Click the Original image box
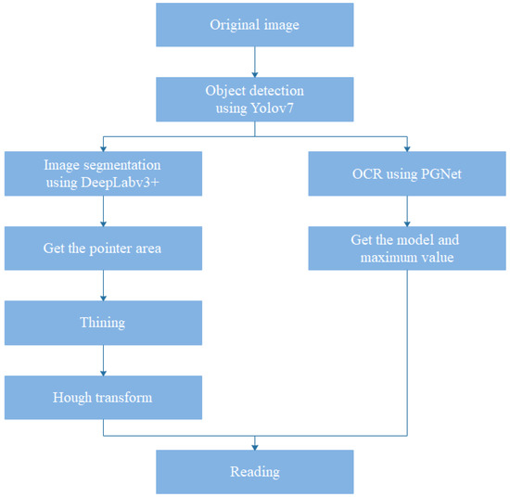point(254,26)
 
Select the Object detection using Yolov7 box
point(254,99)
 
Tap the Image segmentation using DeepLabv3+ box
point(103,173)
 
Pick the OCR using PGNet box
point(405,173)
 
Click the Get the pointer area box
point(103,248)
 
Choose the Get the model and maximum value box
point(405,248)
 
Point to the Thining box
point(103,323)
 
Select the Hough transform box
point(103,397)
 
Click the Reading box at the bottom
point(254,472)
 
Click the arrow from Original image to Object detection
point(254,63)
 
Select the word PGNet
point(434,173)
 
